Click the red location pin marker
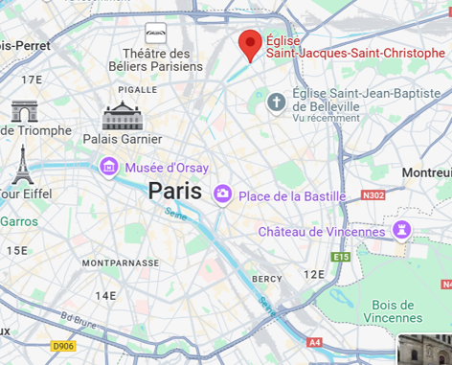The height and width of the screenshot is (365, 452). [251, 43]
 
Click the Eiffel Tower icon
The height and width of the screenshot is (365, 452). [22, 165]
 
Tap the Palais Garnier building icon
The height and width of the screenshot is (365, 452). [122, 116]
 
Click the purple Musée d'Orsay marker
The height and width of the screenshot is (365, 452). [109, 169]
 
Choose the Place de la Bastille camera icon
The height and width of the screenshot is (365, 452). [223, 194]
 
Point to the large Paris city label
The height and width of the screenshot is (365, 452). [174, 191]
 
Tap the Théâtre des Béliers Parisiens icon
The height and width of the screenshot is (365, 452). [155, 33]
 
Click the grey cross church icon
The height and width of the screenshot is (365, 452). [277, 102]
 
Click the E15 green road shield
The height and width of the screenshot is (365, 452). [341, 257]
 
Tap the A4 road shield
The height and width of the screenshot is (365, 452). [315, 341]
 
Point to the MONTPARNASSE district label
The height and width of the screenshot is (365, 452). [120, 262]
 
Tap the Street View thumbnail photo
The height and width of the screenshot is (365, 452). [424, 350]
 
